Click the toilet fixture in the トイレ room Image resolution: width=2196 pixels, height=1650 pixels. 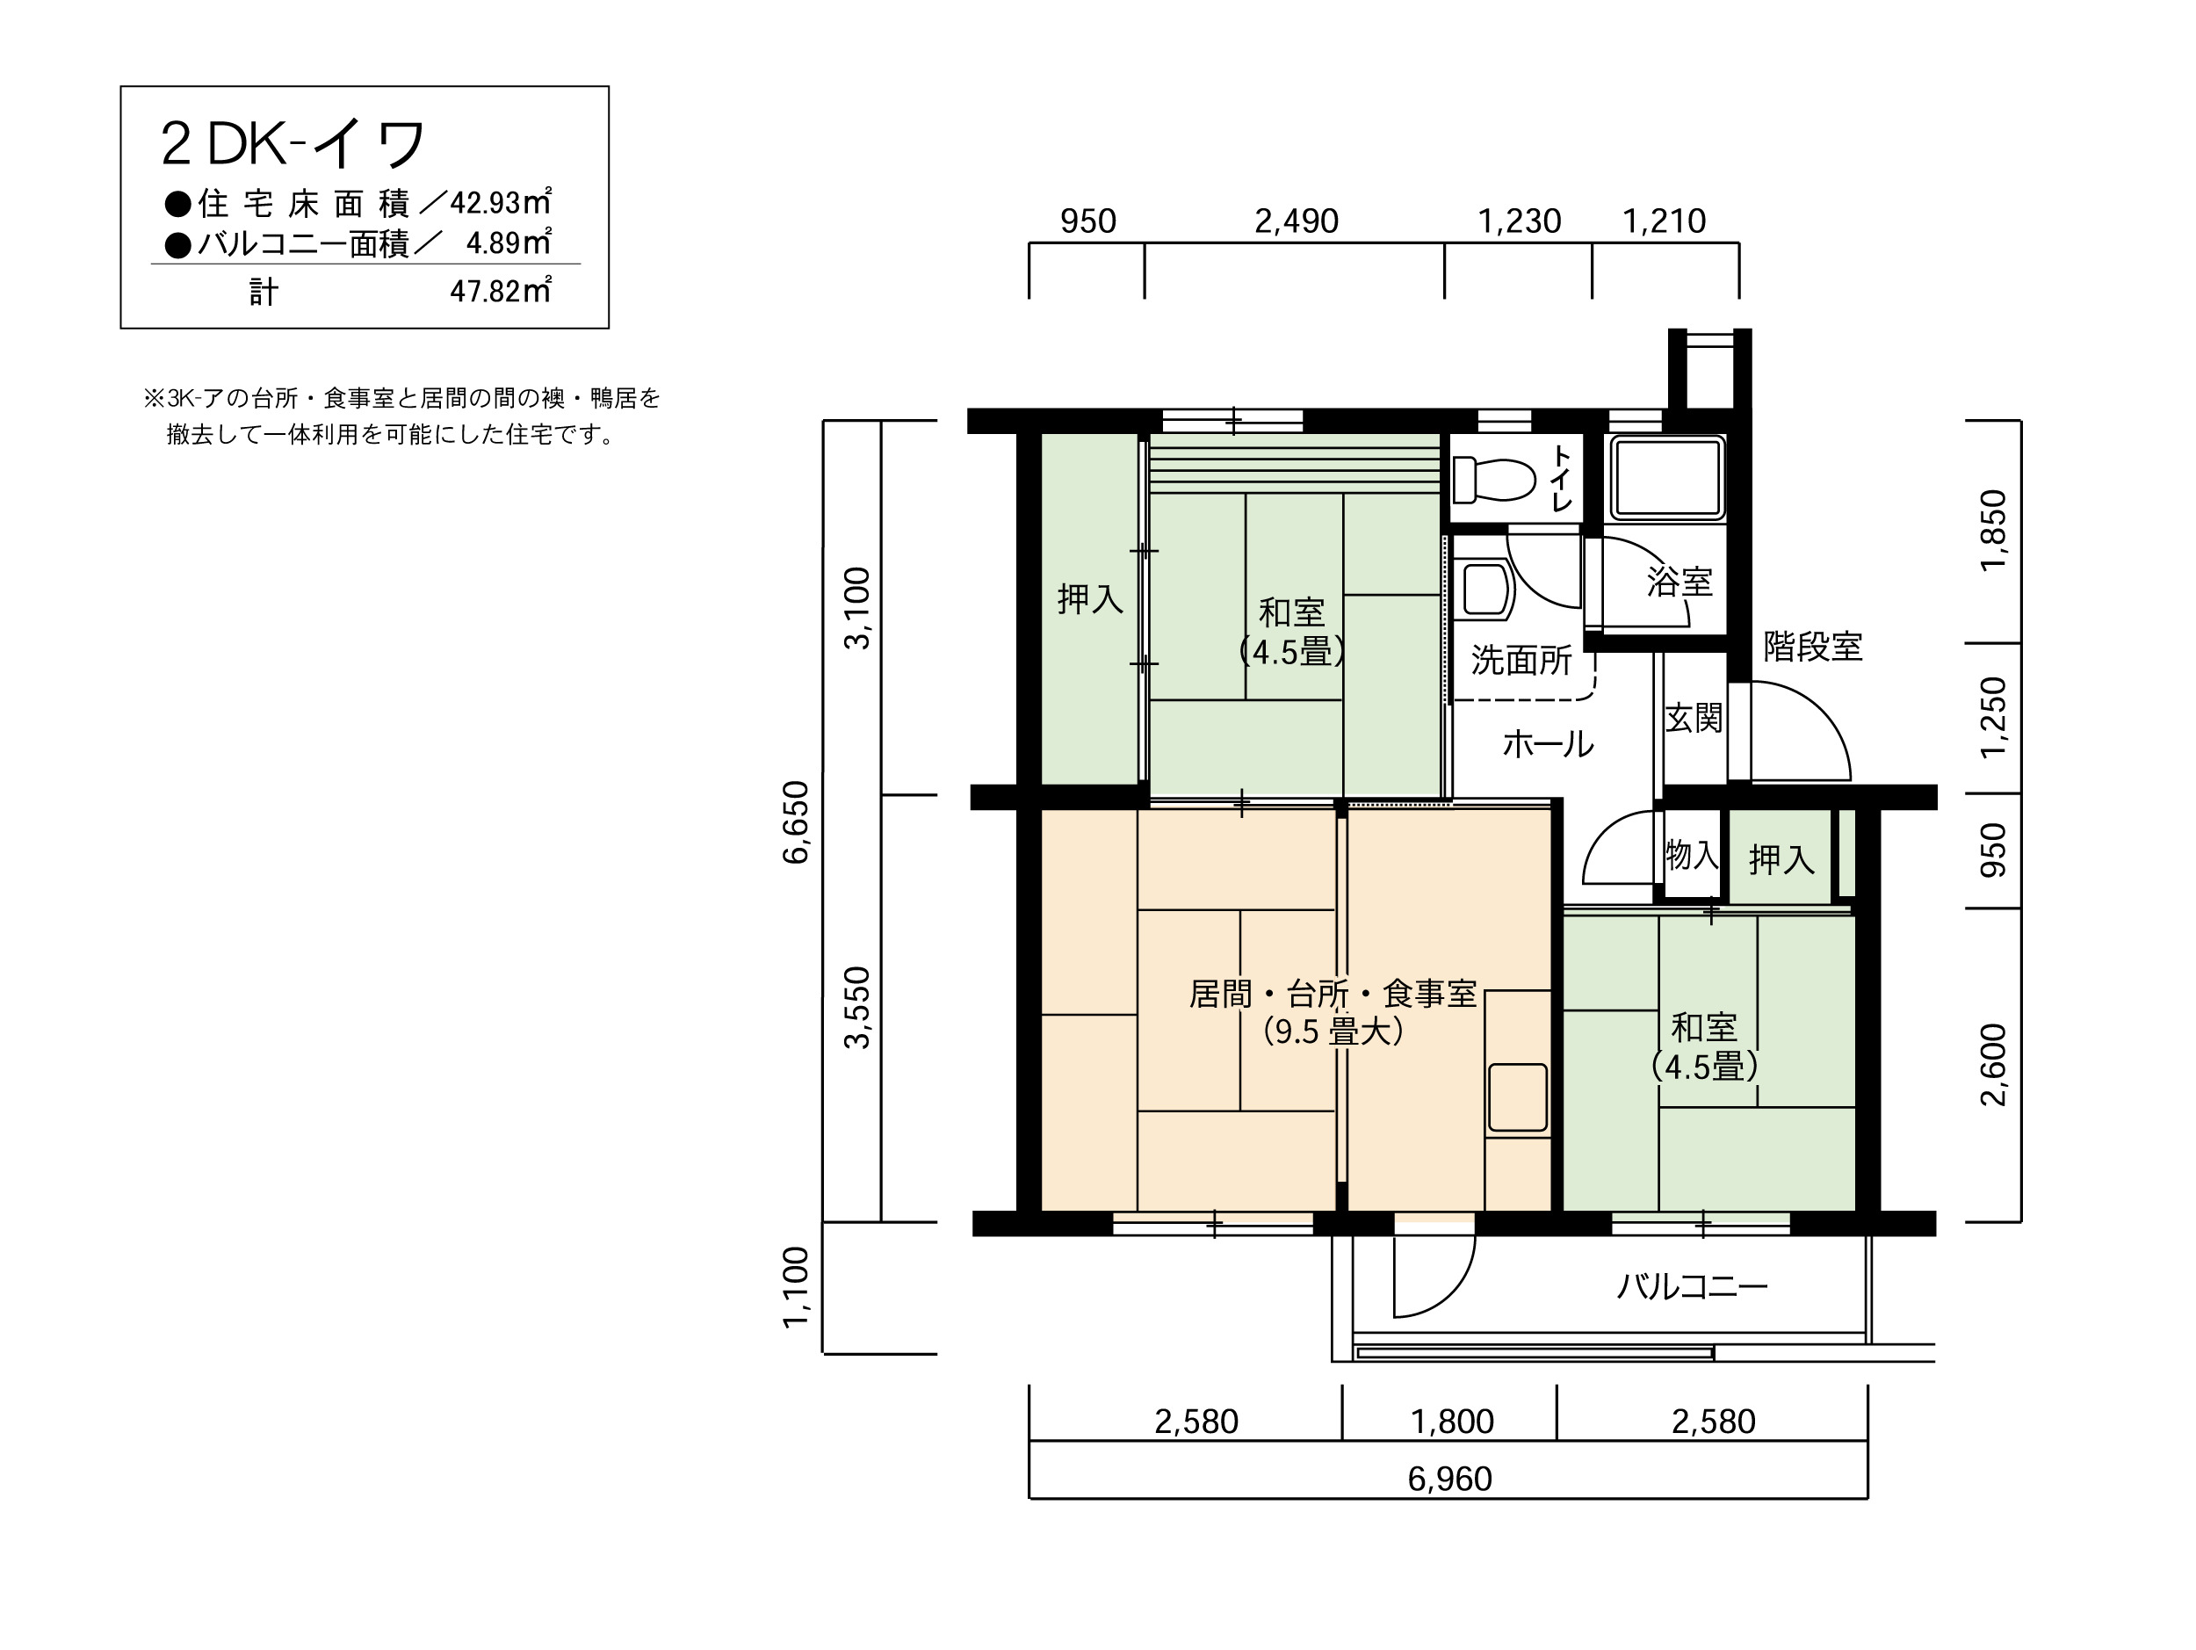point(1493,481)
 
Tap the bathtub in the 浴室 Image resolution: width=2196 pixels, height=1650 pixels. point(1667,478)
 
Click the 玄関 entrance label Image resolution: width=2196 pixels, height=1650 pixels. point(1694,718)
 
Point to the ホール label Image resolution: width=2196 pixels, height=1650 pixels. point(1548,743)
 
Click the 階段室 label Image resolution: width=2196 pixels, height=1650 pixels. point(1813,647)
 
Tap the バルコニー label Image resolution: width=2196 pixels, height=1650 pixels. point(1693,1288)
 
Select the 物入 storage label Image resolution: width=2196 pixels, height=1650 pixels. point(1692,854)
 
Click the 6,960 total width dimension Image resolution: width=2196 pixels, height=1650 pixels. point(1449,1480)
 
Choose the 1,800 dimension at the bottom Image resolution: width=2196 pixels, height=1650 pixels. point(1452,1422)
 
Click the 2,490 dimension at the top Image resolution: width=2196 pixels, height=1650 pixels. point(1297,221)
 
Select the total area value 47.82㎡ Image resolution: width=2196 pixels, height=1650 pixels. point(501,291)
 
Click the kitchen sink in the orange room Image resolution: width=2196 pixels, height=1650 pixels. point(1518,1097)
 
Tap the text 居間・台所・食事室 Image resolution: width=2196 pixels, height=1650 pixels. point(1333,994)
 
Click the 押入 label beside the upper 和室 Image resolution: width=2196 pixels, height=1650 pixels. point(1090,598)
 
